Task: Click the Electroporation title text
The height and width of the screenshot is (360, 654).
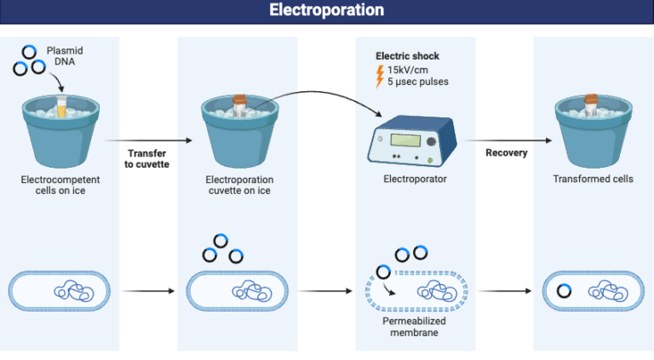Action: (x=326, y=10)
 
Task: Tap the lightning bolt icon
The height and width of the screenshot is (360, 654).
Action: (x=380, y=77)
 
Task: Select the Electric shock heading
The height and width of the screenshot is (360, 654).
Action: (x=408, y=56)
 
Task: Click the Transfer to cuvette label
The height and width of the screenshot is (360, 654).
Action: (x=147, y=158)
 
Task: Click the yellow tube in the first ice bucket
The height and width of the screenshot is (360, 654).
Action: (x=61, y=106)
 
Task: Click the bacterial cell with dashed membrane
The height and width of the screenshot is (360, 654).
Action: (x=414, y=290)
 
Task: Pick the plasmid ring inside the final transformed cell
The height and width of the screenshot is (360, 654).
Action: (x=564, y=291)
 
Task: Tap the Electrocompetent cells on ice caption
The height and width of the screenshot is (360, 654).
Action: (x=60, y=185)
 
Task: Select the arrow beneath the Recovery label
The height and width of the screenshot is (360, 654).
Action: (x=506, y=139)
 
